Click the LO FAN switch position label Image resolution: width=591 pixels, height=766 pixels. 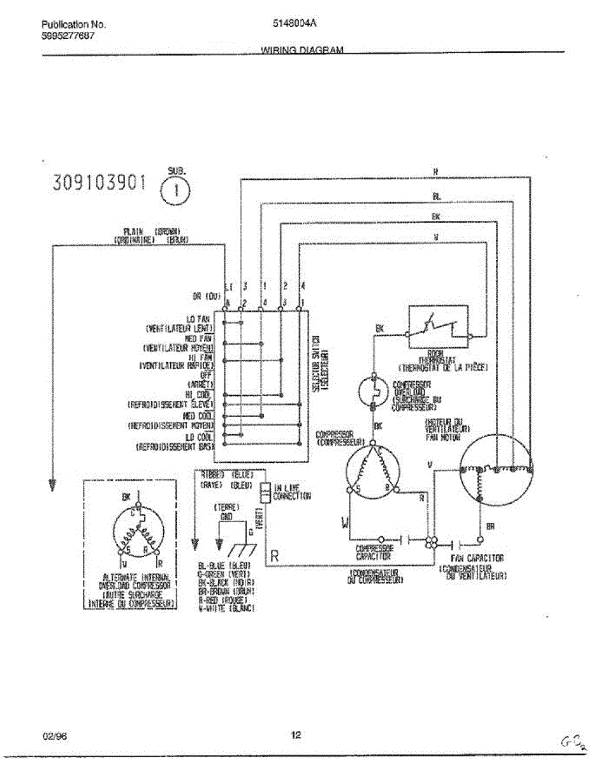point(199,318)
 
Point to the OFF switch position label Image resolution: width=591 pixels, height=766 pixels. point(206,376)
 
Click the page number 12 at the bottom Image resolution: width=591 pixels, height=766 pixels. point(296,735)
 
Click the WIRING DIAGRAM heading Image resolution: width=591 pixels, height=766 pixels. point(302,50)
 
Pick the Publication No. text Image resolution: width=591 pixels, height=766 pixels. point(73,25)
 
